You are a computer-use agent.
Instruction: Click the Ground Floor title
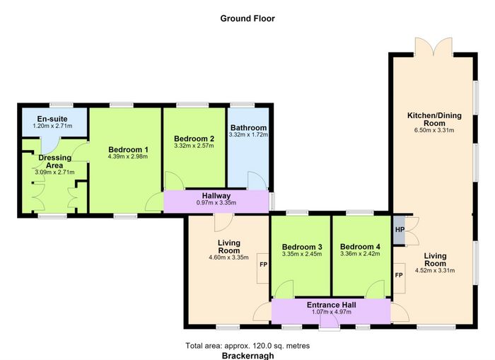[x=248, y=18]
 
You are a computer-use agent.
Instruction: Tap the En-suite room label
[x=52, y=119]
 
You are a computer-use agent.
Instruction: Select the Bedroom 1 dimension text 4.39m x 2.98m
[x=128, y=156]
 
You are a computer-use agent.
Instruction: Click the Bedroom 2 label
[x=194, y=139]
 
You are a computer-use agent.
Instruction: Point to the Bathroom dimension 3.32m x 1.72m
[x=248, y=134]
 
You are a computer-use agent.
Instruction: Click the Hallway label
[x=216, y=196]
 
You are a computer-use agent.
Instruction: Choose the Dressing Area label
[x=54, y=161]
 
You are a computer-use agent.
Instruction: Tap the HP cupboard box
[x=399, y=230]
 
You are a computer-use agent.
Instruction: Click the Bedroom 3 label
[x=302, y=247]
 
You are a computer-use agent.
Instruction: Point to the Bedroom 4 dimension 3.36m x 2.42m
[x=360, y=254]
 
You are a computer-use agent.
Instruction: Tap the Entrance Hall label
[x=332, y=305]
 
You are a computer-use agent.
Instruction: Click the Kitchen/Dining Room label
[x=434, y=119]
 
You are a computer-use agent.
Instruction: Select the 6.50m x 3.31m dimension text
[x=434, y=130]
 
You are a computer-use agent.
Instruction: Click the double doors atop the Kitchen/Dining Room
[x=433, y=47]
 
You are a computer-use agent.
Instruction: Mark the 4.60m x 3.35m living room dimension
[x=228, y=257]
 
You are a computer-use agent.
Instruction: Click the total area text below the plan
[x=248, y=346]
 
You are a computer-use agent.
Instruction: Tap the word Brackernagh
[x=248, y=356]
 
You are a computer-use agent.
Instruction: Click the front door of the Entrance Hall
[x=330, y=323]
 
